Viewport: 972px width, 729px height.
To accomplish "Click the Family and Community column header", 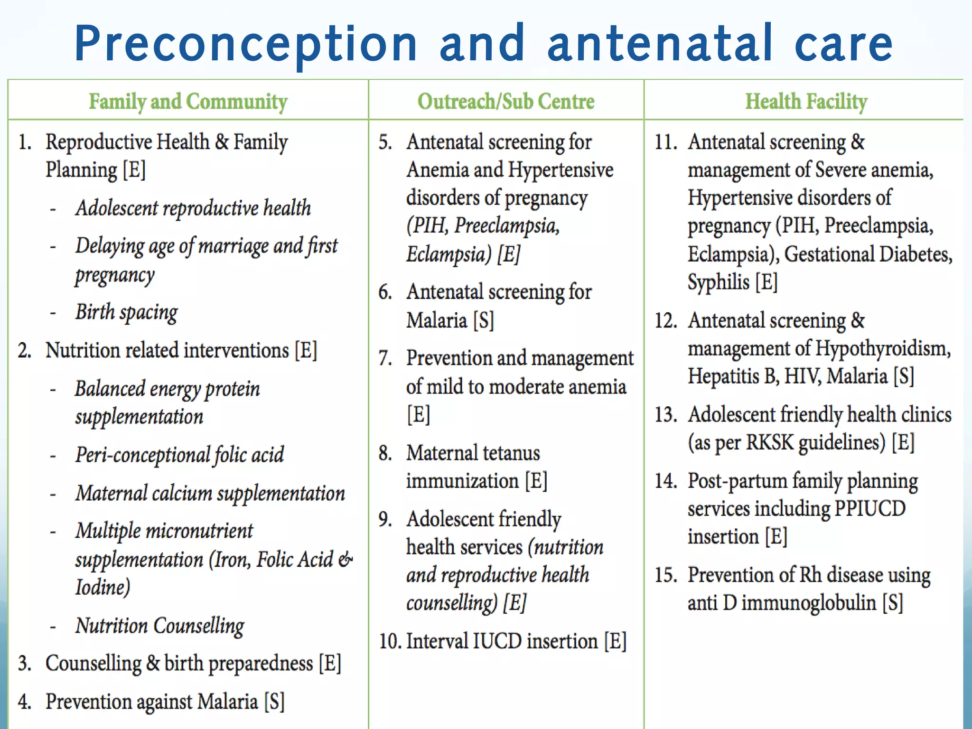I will point(188,102).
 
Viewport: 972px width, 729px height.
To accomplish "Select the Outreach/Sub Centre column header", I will point(505,102).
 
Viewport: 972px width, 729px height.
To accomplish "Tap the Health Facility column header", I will point(806,102).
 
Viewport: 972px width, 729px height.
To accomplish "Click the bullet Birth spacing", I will point(126,312).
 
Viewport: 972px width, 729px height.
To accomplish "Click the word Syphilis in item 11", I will point(718,282).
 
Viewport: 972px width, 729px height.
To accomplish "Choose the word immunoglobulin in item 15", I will point(809,603).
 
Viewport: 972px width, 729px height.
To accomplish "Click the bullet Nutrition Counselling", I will point(159,626).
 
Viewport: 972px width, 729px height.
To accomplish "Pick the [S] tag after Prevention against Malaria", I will point(274,702).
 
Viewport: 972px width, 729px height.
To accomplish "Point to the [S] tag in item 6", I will point(484,320).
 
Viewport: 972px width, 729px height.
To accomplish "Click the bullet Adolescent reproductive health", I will point(193,208).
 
